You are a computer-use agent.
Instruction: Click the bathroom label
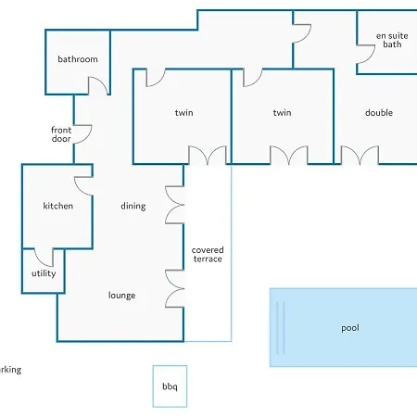click(78, 59)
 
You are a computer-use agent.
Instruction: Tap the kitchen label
click(58, 206)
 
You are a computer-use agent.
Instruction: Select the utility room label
click(44, 273)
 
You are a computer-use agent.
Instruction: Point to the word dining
click(133, 206)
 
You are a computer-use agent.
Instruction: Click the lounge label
click(121, 296)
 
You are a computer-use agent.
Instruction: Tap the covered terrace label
click(208, 254)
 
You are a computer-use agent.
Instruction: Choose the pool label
click(350, 328)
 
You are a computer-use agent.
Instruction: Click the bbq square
click(170, 386)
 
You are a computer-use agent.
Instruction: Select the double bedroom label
click(379, 112)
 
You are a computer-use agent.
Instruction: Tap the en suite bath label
click(392, 40)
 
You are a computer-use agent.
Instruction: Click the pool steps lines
click(281, 327)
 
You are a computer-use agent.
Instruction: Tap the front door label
click(61, 134)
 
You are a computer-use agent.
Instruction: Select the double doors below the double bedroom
click(360, 155)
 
